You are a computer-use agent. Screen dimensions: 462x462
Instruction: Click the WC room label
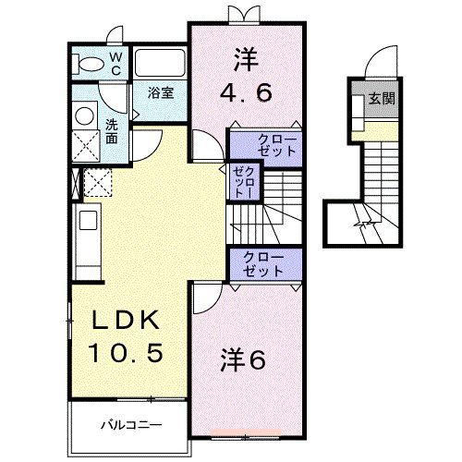[117, 63]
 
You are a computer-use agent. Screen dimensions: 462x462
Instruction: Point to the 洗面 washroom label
[111, 131]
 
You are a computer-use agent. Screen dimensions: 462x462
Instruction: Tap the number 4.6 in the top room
[247, 92]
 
